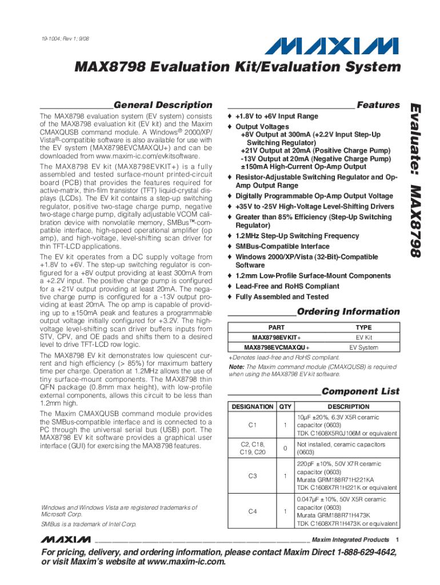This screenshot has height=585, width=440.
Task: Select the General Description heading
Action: pyautogui.click(x=163, y=105)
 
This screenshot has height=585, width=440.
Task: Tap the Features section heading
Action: pyautogui.click(x=378, y=105)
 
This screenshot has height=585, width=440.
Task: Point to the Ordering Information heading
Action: pyautogui.click(x=349, y=311)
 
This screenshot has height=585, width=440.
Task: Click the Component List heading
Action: pyautogui.click(x=361, y=391)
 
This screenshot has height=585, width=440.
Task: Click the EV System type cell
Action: pyautogui.click(x=363, y=347)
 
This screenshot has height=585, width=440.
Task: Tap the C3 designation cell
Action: pyautogui.click(x=252, y=475)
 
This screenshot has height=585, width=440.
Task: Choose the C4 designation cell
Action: pyautogui.click(x=252, y=511)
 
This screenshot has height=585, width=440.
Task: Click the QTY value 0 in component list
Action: pyautogui.click(x=284, y=448)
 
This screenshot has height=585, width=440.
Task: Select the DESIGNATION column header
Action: pyautogui.click(x=252, y=407)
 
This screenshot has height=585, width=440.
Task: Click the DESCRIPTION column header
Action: pyautogui.click(x=348, y=407)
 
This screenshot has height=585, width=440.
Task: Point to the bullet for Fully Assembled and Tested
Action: pyautogui.click(x=230, y=297)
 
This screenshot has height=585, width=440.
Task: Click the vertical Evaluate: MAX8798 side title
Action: pyautogui.click(x=416, y=179)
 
